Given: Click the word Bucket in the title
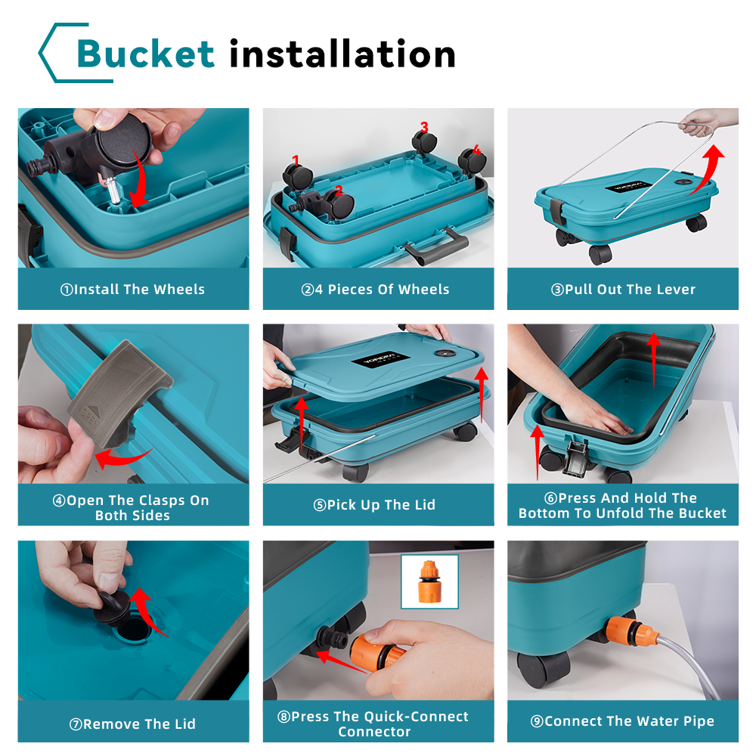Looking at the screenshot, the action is (146, 53).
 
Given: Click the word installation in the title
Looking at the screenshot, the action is (342, 53).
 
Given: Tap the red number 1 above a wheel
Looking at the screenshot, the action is (296, 160).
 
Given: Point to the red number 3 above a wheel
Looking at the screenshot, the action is (424, 127).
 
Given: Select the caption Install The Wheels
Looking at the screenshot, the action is (132, 290).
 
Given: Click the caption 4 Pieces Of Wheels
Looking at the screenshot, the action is (376, 290).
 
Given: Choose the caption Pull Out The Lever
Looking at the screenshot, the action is (624, 290).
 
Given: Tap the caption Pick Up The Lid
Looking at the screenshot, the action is (375, 505).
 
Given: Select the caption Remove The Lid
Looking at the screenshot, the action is (132, 724).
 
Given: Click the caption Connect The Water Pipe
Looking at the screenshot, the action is (622, 721).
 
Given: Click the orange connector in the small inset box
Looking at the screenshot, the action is (429, 581).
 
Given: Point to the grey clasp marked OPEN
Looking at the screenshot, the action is (118, 393).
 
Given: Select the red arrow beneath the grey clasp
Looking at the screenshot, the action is (123, 458).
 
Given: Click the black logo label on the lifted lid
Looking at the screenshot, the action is (380, 358).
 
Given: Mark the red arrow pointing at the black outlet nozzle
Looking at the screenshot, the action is (342, 662).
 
